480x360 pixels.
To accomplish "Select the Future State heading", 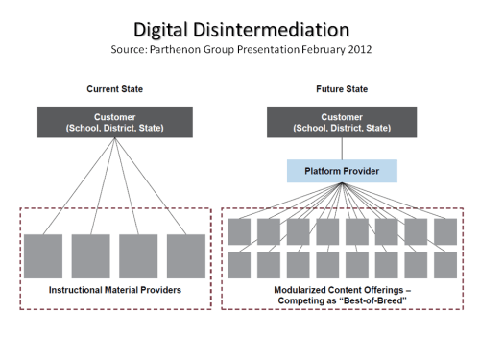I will click(x=342, y=88).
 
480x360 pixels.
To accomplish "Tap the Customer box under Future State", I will click(x=342, y=121).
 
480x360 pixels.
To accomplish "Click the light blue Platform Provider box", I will click(x=342, y=172).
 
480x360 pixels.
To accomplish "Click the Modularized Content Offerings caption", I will click(x=342, y=288).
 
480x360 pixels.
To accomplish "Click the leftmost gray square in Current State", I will click(x=43, y=256).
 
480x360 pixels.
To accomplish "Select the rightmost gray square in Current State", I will click(x=186, y=256).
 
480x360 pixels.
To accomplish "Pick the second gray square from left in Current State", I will click(x=91, y=256).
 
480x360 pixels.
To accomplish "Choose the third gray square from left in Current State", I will click(x=138, y=256).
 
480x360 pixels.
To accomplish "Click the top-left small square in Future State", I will click(x=239, y=231).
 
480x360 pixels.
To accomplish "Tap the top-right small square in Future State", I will click(x=445, y=231).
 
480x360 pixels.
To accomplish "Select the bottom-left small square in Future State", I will click(x=239, y=265).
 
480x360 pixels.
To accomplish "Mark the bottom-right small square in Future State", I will click(x=445, y=265).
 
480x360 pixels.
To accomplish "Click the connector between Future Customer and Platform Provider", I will click(x=342, y=148).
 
